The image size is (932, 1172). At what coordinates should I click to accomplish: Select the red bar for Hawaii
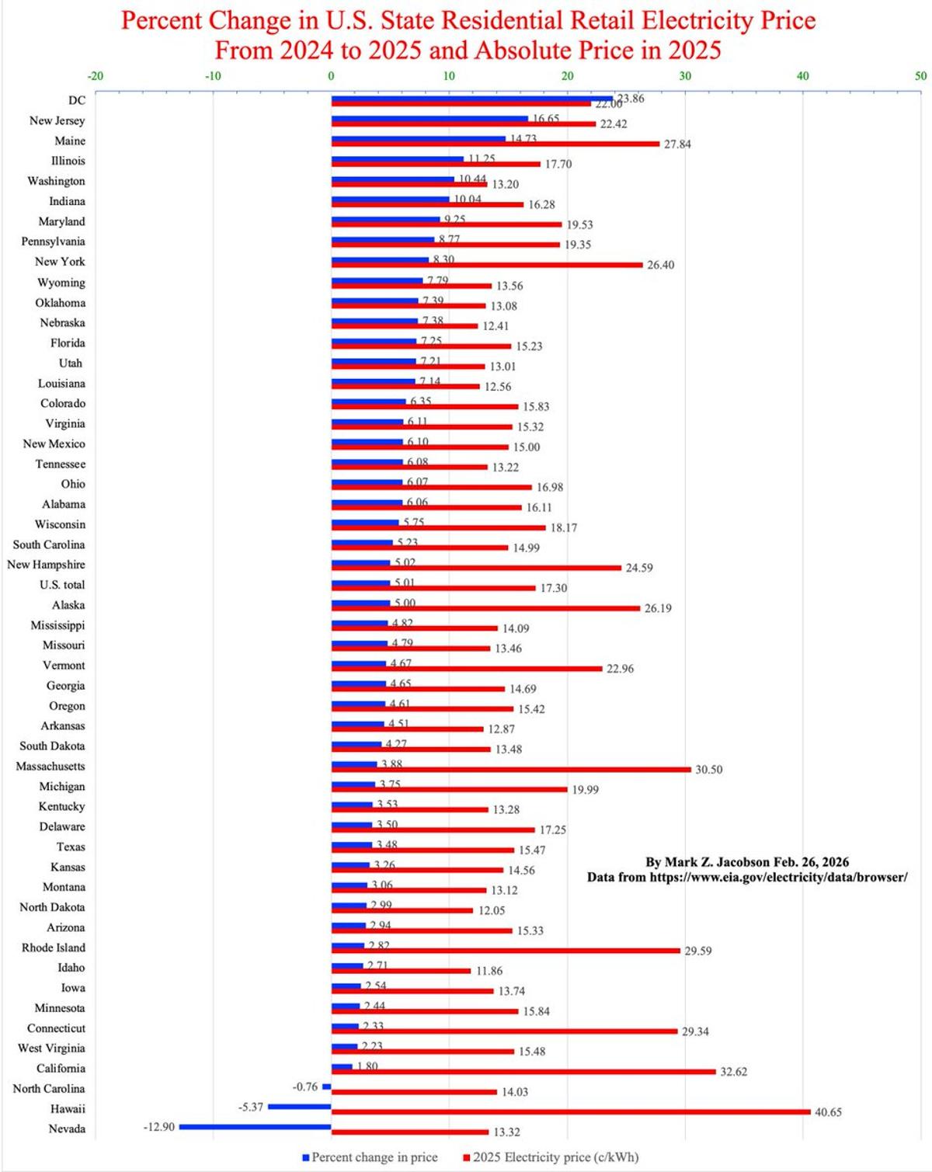point(571,1111)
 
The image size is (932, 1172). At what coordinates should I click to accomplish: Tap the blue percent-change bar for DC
point(471,99)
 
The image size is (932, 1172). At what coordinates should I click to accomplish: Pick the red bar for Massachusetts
point(511,769)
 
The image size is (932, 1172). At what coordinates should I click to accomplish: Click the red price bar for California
point(523,1071)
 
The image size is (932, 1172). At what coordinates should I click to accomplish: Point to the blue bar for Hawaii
point(299,1106)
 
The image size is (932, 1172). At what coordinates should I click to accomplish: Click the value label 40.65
point(828,1112)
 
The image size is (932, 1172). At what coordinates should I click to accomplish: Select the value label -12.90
point(158,1126)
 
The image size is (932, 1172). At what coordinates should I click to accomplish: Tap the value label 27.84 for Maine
point(676,144)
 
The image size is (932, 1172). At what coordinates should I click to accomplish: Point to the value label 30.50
point(708,770)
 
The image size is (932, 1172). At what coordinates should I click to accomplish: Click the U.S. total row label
point(62,585)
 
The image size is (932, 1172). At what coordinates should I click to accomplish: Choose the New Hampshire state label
point(46,565)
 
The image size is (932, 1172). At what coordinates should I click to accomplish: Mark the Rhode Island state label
point(54,948)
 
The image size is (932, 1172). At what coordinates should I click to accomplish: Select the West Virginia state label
point(51,1048)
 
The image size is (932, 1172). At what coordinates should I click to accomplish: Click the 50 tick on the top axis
point(920,76)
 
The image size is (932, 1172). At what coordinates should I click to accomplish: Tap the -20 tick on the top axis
point(95,76)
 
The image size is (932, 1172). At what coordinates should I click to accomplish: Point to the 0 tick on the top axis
point(331,76)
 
